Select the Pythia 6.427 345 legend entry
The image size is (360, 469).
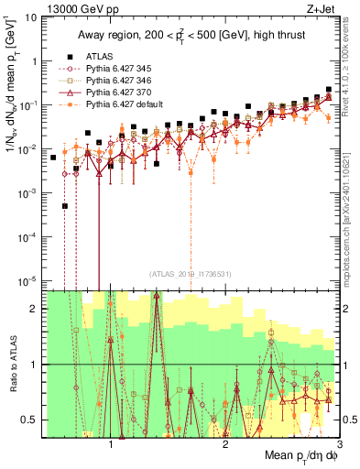coord(115,68)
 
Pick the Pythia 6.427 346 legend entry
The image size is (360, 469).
coord(115,80)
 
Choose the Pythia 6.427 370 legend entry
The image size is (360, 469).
coord(115,92)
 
